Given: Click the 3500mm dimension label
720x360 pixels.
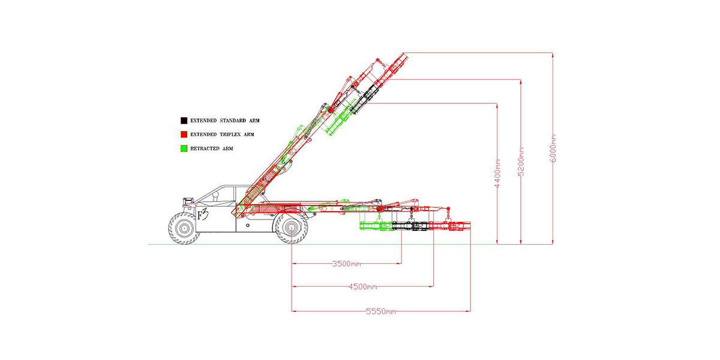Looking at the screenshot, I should (346, 264).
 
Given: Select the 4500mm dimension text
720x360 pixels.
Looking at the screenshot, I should (363, 287).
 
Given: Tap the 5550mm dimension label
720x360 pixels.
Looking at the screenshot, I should (381, 311).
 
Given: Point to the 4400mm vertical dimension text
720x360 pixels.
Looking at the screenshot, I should (497, 174).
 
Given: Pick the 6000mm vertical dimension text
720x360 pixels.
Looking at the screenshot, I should (553, 147).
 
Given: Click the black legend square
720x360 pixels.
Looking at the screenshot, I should (184, 121).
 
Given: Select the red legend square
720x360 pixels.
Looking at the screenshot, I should (184, 134).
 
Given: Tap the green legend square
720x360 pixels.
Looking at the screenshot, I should (184, 148).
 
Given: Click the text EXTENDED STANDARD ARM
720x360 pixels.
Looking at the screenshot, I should (224, 121).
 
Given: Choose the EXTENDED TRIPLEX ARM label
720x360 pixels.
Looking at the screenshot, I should (222, 134).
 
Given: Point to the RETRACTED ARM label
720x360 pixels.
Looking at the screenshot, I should (211, 148).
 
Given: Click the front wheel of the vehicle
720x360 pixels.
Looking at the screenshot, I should (183, 228).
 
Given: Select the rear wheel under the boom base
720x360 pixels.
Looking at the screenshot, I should (292, 228).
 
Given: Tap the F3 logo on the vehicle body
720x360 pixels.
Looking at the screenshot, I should (202, 214).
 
